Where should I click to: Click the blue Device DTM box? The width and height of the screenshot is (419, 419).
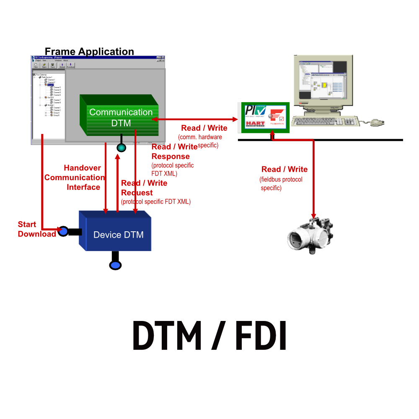(118, 235)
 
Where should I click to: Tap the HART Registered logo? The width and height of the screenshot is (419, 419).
(255, 123)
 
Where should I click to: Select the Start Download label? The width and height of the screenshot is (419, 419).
(37, 229)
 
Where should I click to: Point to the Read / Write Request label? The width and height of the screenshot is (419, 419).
(144, 188)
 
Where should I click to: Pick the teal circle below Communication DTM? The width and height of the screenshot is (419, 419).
(122, 147)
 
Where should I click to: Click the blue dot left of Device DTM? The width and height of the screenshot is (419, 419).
(63, 231)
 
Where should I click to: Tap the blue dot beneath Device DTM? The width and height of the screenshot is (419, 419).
(115, 265)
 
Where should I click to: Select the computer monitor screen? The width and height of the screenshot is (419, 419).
(322, 80)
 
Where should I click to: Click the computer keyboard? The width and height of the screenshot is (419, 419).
(325, 122)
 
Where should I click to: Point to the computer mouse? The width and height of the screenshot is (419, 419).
(377, 122)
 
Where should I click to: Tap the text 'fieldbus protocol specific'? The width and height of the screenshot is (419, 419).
(281, 184)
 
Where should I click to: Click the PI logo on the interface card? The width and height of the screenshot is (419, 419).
(255, 111)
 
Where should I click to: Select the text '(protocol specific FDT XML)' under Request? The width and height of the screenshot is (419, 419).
(156, 202)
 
